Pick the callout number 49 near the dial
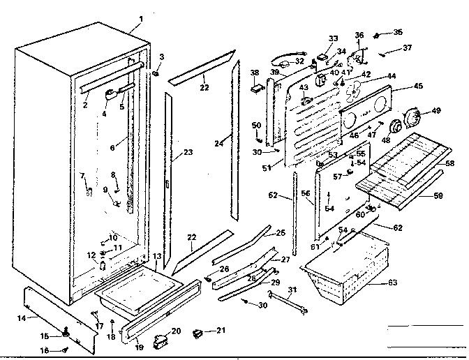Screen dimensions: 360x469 tap(437, 110)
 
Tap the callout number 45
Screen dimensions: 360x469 tap(418, 86)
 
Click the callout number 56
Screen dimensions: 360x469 tap(305, 193)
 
